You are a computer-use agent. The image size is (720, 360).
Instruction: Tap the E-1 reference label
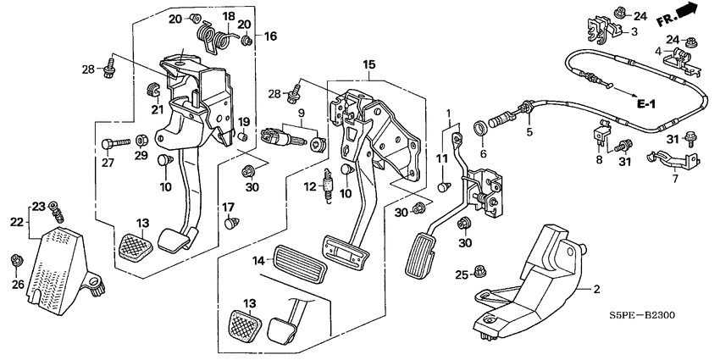point(645,104)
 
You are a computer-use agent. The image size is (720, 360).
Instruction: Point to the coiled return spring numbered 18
point(215,37)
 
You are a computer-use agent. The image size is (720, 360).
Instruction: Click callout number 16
point(270,36)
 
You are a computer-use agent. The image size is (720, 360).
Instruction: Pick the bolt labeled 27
point(114,145)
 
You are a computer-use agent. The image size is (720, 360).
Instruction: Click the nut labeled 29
point(142,139)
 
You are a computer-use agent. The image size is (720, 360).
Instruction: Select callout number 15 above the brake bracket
point(368,64)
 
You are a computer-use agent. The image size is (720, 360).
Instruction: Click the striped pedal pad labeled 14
point(299,265)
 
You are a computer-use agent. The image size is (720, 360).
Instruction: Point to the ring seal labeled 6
point(479,127)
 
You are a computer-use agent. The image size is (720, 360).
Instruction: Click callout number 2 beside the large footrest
point(596,290)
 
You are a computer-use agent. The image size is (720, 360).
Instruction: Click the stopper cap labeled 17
point(232,223)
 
